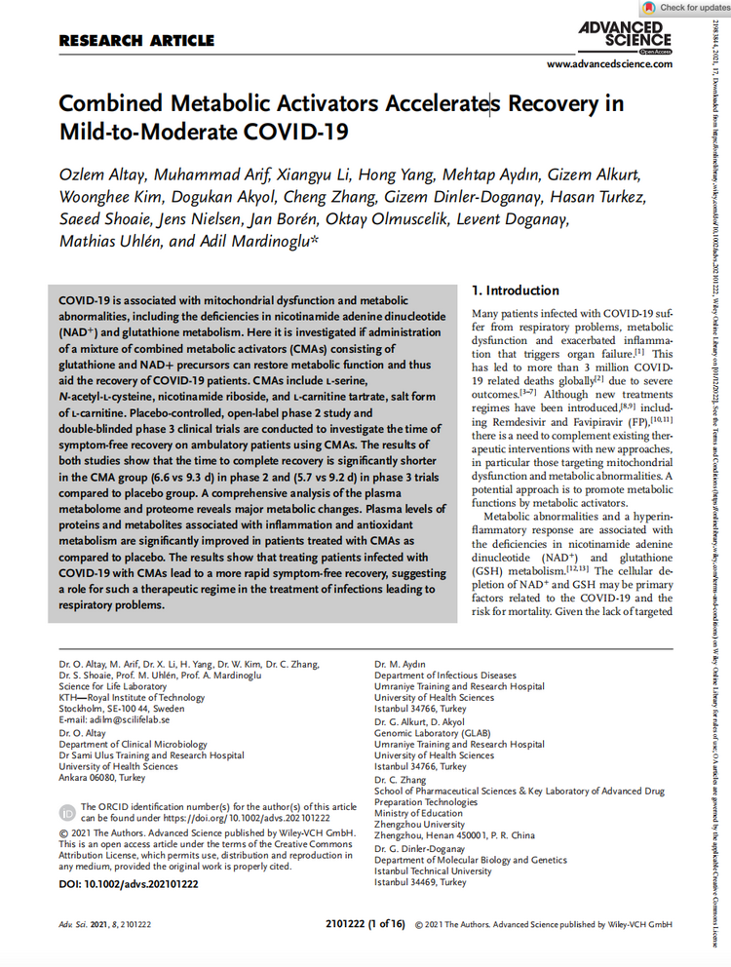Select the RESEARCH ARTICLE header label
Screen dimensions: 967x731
tap(136, 41)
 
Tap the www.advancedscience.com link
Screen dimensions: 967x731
tap(609, 64)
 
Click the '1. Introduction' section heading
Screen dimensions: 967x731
tap(516, 290)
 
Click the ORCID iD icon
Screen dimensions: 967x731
tap(67, 812)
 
